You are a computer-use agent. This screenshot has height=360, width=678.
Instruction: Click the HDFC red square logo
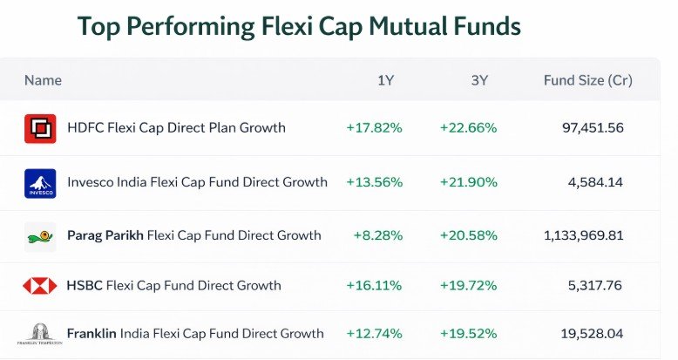click(40, 128)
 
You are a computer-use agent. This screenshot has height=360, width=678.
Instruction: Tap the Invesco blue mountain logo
click(40, 183)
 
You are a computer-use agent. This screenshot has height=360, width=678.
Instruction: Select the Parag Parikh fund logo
click(40, 236)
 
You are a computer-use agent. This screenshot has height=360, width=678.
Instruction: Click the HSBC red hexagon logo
click(40, 286)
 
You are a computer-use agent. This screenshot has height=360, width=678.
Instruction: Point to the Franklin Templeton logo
click(40, 335)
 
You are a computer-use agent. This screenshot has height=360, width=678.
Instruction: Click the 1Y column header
click(386, 80)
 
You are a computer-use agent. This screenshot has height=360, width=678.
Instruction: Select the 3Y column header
click(479, 80)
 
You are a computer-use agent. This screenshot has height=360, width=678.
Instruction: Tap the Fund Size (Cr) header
click(587, 80)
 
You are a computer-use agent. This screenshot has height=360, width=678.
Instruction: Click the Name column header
click(43, 80)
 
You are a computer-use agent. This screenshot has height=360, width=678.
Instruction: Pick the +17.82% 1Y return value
click(374, 128)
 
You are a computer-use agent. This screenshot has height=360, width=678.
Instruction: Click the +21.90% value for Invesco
click(468, 182)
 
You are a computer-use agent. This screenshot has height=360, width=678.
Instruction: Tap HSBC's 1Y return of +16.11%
click(374, 285)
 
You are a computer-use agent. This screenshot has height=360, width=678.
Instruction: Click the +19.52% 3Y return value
click(468, 334)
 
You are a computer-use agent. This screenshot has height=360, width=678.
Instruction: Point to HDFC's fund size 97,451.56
click(593, 128)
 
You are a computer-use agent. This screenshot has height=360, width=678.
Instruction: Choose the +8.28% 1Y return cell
click(377, 235)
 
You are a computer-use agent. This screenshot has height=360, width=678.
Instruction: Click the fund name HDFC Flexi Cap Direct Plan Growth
click(176, 128)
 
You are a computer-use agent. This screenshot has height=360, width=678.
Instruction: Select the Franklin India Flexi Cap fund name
click(195, 334)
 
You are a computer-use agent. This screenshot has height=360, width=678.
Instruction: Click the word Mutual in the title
click(398, 26)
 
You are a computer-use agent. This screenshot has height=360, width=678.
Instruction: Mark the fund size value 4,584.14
click(597, 182)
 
